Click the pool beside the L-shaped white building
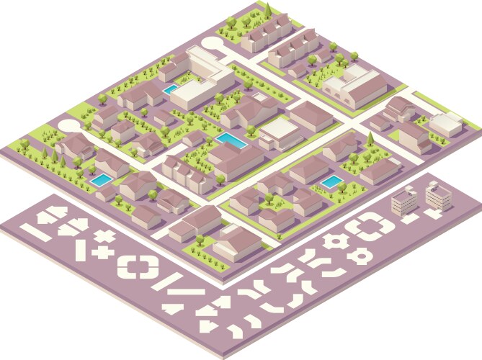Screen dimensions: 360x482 [x=171, y=89]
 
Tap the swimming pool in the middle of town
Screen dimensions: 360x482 [x=230, y=138]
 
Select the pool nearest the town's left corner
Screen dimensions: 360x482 [x=102, y=179]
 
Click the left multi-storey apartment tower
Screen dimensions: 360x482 [x=403, y=203]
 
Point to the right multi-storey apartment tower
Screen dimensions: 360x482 [x=437, y=194]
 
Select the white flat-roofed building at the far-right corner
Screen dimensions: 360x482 [x=445, y=123]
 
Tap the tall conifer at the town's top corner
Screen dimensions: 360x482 [x=267, y=9]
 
